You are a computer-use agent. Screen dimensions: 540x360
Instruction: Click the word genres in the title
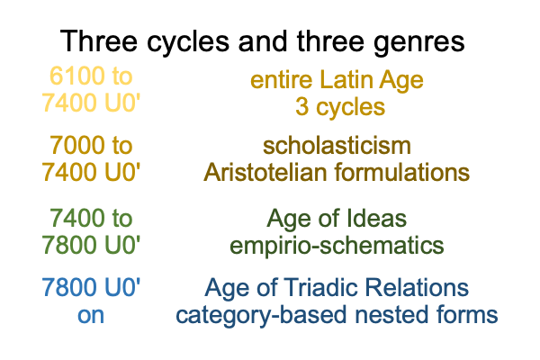pyautogui.click(x=419, y=42)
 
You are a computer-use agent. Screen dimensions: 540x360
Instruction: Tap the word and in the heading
pyautogui.click(x=263, y=40)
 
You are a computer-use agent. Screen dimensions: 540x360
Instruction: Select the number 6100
pyautogui.click(x=72, y=76)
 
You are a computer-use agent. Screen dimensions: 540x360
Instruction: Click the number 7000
pyautogui.click(x=72, y=145)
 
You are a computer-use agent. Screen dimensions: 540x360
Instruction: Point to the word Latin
pyautogui.click(x=346, y=79)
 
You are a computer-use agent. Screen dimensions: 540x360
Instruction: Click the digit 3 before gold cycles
pyautogui.click(x=302, y=107)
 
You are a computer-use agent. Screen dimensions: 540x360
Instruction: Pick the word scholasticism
pyautogui.click(x=337, y=146)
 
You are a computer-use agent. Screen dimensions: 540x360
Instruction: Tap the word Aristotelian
pyautogui.click(x=265, y=172)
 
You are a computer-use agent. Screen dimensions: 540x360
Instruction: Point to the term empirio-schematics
pyautogui.click(x=337, y=246)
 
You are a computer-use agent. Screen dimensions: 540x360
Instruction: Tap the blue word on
pyautogui.click(x=91, y=315)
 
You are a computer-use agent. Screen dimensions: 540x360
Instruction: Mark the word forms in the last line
pyautogui.click(x=464, y=315)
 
